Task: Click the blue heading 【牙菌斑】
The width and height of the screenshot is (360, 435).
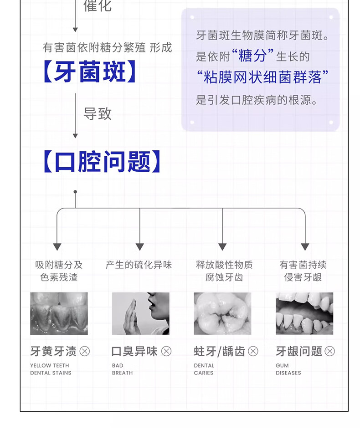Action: (89, 72)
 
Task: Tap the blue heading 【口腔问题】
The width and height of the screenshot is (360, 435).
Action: (102, 162)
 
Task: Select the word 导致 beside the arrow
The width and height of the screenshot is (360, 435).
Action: (98, 114)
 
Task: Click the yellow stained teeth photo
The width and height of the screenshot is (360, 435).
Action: (59, 313)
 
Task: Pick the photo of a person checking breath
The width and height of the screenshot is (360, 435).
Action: (140, 313)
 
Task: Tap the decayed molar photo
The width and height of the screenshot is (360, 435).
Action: (222, 313)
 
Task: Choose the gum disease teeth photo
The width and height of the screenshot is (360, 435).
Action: (304, 313)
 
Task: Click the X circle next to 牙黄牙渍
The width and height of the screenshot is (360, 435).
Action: (85, 351)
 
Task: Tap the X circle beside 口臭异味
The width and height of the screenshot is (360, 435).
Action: (166, 351)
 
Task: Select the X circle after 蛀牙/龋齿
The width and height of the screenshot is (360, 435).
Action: (253, 351)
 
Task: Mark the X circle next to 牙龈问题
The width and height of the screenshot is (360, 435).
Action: (329, 351)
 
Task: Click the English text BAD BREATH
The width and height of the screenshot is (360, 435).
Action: (122, 369)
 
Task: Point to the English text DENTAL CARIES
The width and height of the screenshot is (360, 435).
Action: (204, 369)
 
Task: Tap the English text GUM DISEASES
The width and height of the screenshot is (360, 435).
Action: (288, 369)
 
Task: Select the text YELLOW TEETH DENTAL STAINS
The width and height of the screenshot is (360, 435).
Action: (51, 369)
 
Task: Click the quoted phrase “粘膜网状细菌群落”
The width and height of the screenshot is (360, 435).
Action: (262, 77)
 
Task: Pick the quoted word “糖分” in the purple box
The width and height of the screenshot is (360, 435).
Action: (252, 56)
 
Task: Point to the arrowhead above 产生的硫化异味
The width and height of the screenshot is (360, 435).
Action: (140, 247)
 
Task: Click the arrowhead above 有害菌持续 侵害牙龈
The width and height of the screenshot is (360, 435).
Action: (305, 247)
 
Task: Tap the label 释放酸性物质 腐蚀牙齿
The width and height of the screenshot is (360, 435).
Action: (224, 271)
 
